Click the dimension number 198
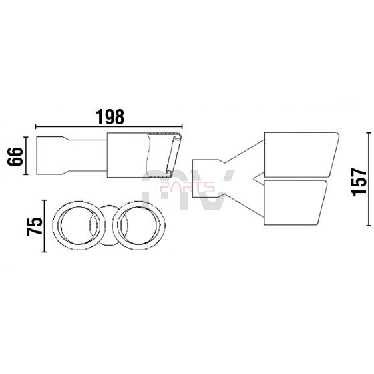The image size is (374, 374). point(110,117)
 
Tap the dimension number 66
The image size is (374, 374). point(15,156)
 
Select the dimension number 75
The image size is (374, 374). point(35,226)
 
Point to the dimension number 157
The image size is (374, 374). point(359,182)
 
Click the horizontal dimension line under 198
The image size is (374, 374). point(109,127)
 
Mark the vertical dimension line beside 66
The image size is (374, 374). point(26,156)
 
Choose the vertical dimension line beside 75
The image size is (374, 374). point(44,226)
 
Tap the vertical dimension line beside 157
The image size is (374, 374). point(369,179)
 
